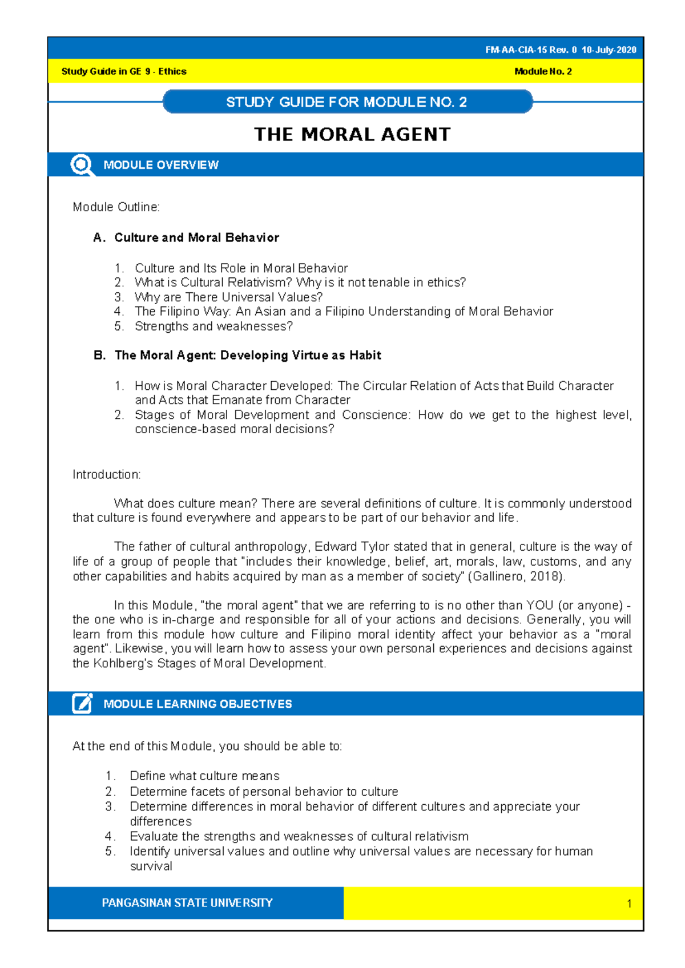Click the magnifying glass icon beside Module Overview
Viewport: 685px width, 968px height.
tap(82, 165)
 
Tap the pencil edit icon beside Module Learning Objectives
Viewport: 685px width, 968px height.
tap(82, 703)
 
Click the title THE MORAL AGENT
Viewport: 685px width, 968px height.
tap(352, 135)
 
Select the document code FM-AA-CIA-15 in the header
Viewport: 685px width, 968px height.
tap(515, 50)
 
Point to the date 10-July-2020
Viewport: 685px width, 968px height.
tap(609, 50)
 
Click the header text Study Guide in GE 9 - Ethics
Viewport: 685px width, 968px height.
tap(124, 71)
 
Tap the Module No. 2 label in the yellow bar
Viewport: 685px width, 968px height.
tap(543, 71)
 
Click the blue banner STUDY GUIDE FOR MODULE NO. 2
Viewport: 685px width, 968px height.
tap(346, 102)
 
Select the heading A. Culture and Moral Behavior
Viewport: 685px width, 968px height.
tap(186, 237)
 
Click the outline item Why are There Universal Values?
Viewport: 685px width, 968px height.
tap(228, 297)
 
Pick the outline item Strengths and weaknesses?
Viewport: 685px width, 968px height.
tap(213, 326)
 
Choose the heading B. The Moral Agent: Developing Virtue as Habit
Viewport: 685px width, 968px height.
tap(237, 355)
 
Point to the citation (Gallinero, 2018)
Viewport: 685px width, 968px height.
tap(517, 576)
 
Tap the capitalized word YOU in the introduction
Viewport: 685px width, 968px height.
tap(539, 605)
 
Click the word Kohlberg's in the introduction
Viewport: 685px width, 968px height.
tap(123, 663)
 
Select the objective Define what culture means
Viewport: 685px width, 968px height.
tap(204, 776)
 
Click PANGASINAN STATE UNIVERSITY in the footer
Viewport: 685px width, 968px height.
tap(187, 903)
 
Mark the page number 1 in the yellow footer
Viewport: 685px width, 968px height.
tap(629, 904)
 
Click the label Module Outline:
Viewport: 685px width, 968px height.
tap(116, 207)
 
